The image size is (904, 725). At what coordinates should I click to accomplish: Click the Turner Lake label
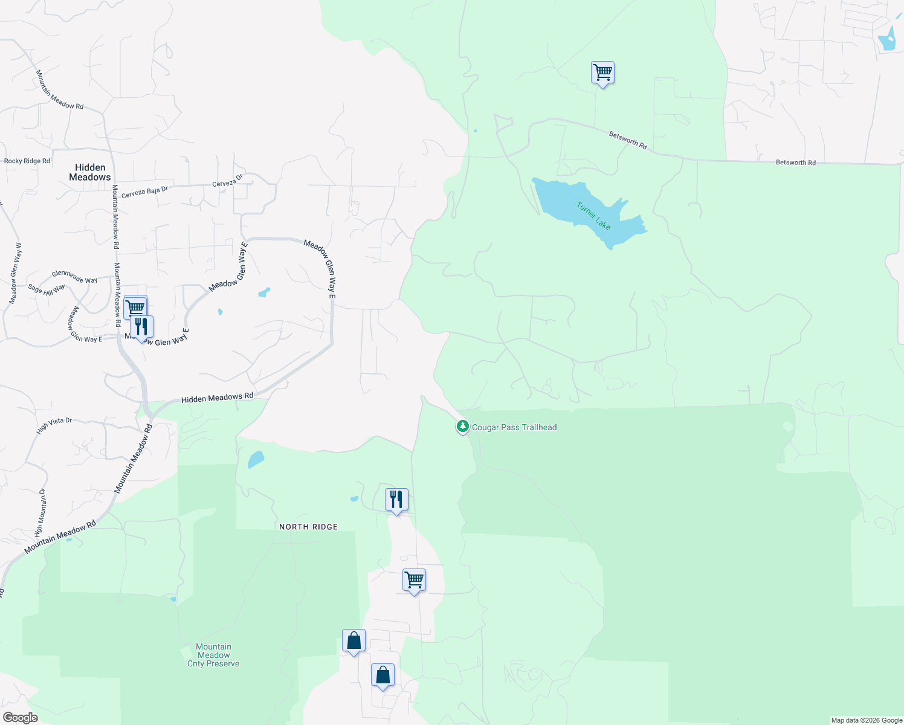(593, 216)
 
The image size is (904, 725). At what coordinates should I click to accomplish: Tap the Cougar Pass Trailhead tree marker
(462, 427)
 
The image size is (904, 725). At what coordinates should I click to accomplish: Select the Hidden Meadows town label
(90, 172)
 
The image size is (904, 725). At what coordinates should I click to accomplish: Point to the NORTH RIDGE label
(308, 527)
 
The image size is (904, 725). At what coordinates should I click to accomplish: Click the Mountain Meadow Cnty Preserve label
(213, 655)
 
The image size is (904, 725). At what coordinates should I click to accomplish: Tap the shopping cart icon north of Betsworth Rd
(602, 72)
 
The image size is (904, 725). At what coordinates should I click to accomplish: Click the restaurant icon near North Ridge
(396, 500)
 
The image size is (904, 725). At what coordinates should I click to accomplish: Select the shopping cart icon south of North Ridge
(414, 580)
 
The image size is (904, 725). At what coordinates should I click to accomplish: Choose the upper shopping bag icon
(354, 640)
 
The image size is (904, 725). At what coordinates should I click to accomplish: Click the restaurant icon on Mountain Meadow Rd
(141, 327)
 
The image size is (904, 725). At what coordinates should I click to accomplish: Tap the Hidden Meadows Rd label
(217, 398)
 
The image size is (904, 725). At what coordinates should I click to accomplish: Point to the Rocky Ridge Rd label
(27, 161)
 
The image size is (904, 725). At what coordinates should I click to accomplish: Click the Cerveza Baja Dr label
(144, 192)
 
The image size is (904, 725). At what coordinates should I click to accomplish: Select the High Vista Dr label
(54, 425)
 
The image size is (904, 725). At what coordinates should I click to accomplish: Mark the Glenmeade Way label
(75, 277)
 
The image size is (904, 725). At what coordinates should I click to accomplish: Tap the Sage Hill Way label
(47, 290)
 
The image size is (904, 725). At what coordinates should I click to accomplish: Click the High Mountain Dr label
(40, 513)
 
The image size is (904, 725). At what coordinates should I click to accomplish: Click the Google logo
(20, 718)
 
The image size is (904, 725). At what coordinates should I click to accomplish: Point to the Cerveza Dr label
(227, 181)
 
